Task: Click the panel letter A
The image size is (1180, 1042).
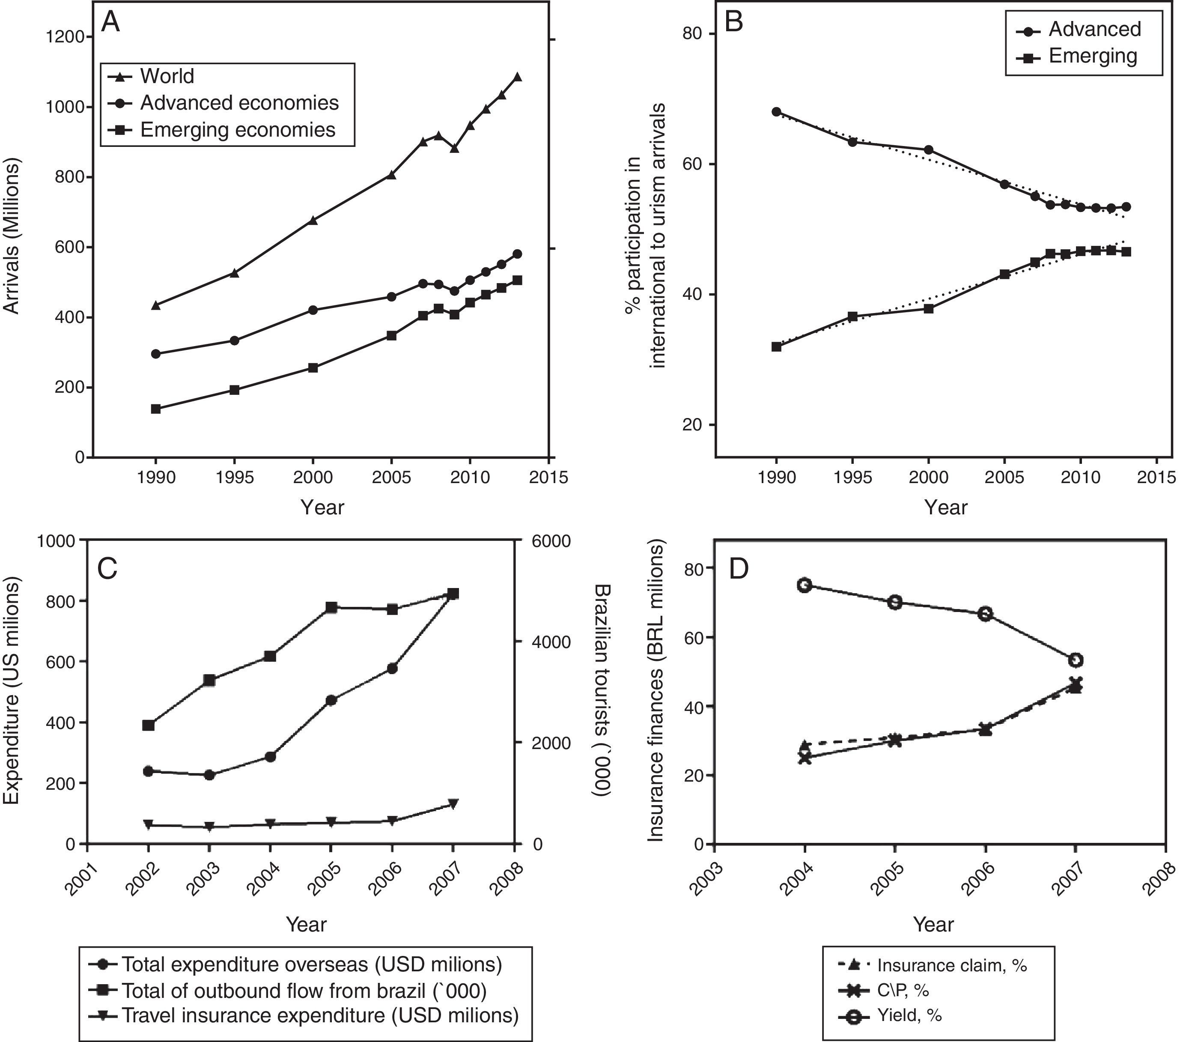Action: coord(110,23)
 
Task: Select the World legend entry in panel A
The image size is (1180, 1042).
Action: coord(167,76)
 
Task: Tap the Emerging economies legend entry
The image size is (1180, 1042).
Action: coord(237,129)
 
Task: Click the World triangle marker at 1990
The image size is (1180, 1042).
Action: coord(155,305)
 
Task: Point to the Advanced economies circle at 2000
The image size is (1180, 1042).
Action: coord(313,310)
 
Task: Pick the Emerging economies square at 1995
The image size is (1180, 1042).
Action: coord(234,390)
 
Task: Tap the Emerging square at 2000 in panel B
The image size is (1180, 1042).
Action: coord(929,308)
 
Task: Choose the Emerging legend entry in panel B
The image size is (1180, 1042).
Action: coord(1092,56)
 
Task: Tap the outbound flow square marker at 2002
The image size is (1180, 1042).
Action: coord(149,726)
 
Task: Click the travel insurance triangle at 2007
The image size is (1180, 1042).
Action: coord(453,803)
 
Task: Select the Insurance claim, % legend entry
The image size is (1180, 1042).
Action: coord(951,965)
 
